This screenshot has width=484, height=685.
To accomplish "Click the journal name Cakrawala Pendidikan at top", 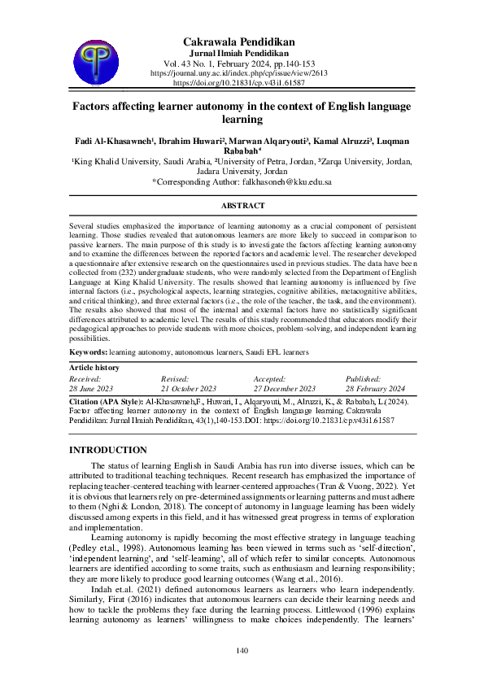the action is pos(239,41).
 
